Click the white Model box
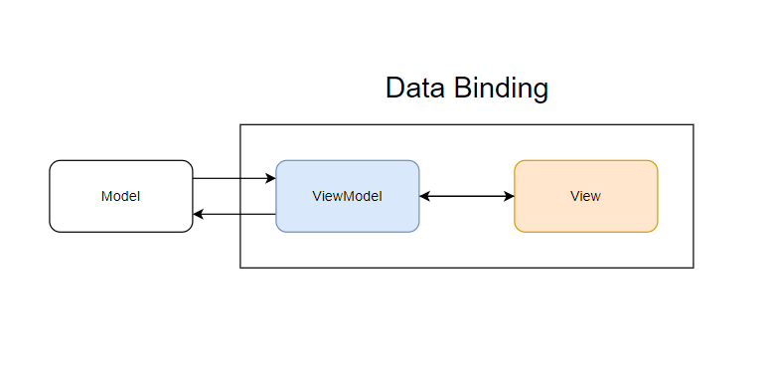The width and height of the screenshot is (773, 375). click(120, 196)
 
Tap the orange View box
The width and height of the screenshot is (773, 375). click(585, 196)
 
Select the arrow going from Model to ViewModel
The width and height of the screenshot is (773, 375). click(233, 179)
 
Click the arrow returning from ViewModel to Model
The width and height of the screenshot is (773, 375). click(233, 214)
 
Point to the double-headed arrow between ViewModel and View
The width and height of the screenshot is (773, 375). click(466, 196)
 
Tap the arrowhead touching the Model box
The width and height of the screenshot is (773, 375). click(198, 214)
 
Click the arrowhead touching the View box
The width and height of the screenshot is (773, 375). click(509, 196)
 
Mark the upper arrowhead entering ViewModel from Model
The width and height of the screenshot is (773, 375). click(270, 179)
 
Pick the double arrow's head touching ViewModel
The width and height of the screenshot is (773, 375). click(425, 196)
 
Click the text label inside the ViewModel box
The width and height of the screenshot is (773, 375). click(347, 196)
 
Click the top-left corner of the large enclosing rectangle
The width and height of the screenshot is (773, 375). click(240, 125)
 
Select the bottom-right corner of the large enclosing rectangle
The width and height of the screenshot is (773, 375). click(693, 268)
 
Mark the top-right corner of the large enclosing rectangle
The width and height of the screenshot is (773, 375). click(693, 125)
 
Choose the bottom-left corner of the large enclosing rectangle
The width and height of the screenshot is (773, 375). click(240, 268)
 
